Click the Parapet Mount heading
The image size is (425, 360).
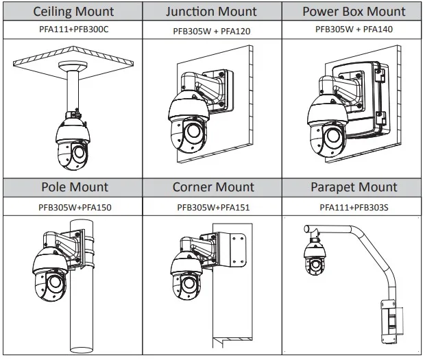pos(354,187)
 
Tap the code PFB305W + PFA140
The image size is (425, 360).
pos(354,29)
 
